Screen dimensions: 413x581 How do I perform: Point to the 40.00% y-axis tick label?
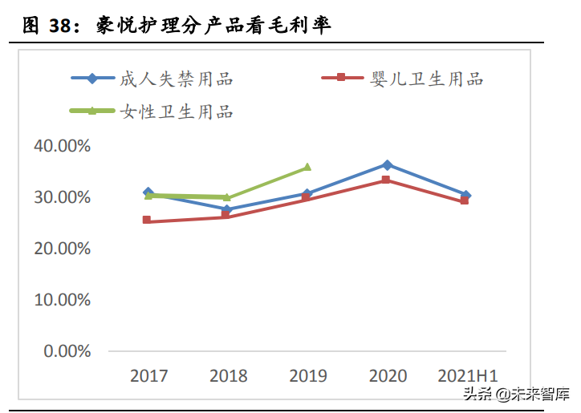tap(62, 146)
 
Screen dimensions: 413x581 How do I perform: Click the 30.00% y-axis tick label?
tap(62, 197)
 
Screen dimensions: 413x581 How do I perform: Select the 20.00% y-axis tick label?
tap(62, 249)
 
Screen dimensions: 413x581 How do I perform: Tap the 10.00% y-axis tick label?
tap(62, 300)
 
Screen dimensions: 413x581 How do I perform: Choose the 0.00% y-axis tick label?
tap(66, 351)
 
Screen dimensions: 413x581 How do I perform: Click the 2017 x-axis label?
tap(148, 375)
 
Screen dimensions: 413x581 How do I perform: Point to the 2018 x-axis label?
tap(228, 375)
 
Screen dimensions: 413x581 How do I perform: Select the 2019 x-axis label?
tap(307, 375)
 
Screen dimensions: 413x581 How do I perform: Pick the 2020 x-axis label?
tap(387, 375)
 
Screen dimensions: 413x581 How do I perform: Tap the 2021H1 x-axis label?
tap(467, 375)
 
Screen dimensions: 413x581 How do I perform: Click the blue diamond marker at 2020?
tap(387, 165)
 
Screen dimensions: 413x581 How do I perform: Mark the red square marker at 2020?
tap(386, 180)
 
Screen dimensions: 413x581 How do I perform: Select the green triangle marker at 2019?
tap(307, 168)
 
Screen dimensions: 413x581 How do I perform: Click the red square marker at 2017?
tap(148, 220)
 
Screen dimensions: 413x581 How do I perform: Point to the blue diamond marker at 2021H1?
tap(465, 195)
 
